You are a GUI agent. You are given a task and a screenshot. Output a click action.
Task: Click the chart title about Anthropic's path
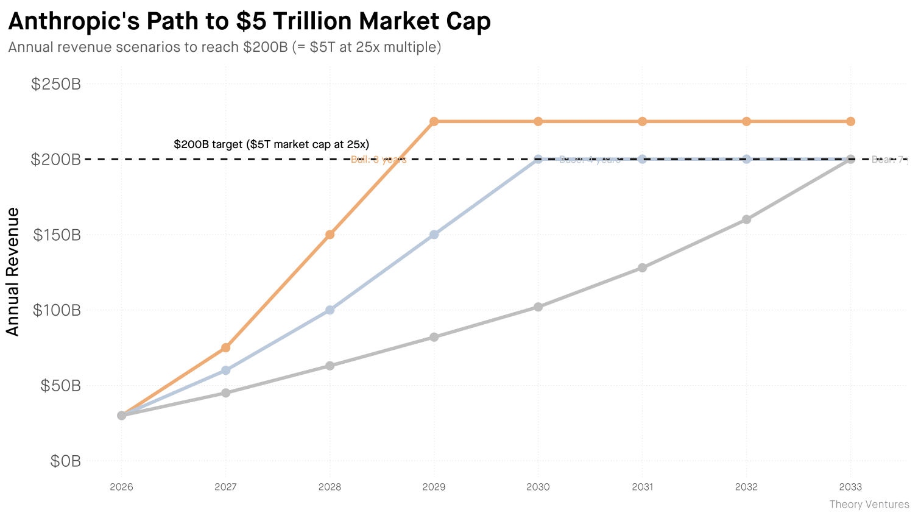pyautogui.click(x=249, y=21)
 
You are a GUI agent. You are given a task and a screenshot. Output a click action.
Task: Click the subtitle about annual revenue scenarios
pyautogui.click(x=224, y=47)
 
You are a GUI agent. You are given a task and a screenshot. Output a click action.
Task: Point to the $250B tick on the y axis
pyautogui.click(x=56, y=84)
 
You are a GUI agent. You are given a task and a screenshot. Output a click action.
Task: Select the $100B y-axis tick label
pyautogui.click(x=56, y=310)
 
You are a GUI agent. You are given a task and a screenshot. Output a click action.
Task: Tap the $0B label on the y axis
pyautogui.click(x=65, y=461)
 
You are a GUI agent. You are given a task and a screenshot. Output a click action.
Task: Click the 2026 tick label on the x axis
pyautogui.click(x=121, y=487)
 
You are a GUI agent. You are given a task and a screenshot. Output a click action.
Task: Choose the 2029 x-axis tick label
pyautogui.click(x=434, y=487)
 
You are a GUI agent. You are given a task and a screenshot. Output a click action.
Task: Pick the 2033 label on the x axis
pyautogui.click(x=850, y=487)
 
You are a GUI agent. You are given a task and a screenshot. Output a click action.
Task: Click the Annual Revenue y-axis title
pyautogui.click(x=13, y=272)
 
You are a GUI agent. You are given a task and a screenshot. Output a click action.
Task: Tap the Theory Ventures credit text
pyautogui.click(x=869, y=505)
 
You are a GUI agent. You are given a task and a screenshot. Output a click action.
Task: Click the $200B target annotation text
pyautogui.click(x=271, y=144)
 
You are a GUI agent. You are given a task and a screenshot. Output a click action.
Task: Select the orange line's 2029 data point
pyautogui.click(x=434, y=121)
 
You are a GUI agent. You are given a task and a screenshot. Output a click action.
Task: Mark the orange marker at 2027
pyautogui.click(x=225, y=347)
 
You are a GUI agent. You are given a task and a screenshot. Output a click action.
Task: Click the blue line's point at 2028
pyautogui.click(x=330, y=310)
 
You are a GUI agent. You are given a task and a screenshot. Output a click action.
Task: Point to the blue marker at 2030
pyautogui.click(x=538, y=159)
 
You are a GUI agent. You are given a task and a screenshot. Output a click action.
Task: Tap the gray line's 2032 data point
pyautogui.click(x=746, y=219)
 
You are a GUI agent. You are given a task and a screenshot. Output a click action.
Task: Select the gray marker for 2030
pyautogui.click(x=538, y=307)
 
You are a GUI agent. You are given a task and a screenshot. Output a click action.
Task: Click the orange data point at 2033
pyautogui.click(x=850, y=121)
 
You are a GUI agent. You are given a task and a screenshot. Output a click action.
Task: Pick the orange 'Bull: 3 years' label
pyautogui.click(x=378, y=160)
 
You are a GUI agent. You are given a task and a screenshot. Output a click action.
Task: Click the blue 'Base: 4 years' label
pyautogui.click(x=590, y=160)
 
